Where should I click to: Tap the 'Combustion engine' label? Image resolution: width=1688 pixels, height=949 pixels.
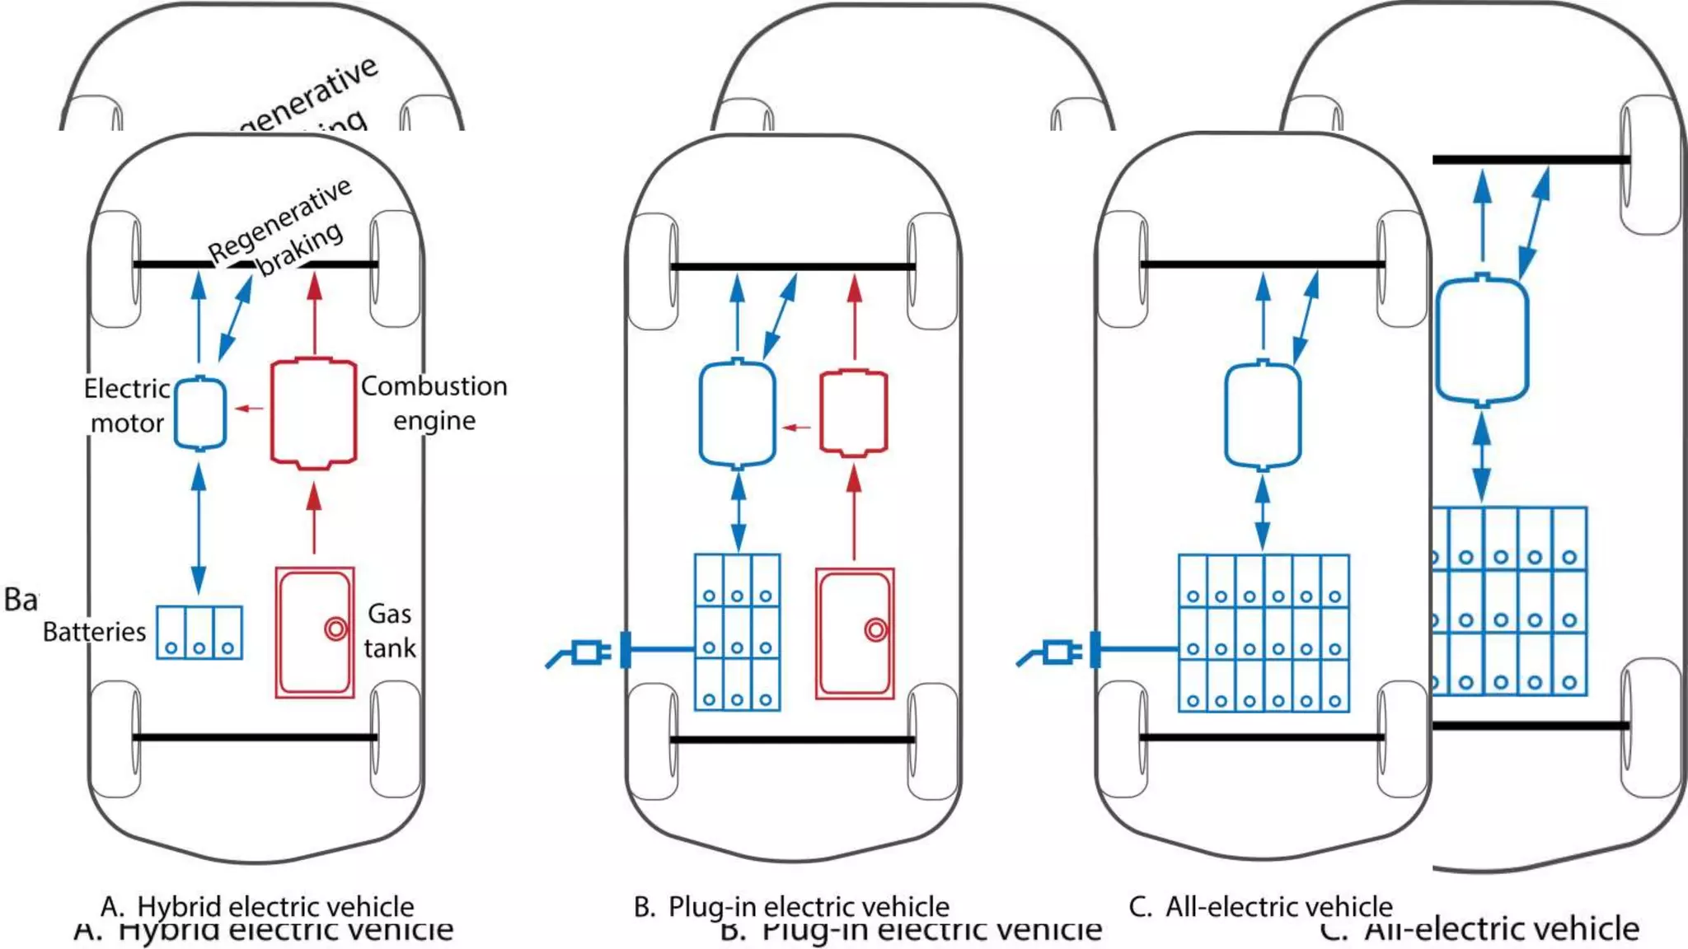coord(434,403)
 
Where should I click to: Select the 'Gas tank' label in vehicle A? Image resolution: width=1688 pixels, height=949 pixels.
coord(389,630)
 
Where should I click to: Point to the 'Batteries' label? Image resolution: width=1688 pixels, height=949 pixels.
coord(94,632)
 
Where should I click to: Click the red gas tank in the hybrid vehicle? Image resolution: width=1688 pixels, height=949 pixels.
coord(314,633)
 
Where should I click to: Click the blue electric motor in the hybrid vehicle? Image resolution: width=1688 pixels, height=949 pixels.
coord(199,414)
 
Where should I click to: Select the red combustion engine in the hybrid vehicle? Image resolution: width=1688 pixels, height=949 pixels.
coord(313,414)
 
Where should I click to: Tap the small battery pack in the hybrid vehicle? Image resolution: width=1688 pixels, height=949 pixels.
coord(199,633)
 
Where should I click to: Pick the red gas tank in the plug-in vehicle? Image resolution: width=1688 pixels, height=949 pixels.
coord(855,633)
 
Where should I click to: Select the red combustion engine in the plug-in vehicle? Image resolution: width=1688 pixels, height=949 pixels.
coord(854,414)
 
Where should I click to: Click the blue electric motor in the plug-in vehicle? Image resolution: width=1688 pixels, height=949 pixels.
coord(737,414)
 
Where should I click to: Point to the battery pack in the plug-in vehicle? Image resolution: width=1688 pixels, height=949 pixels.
coord(737,632)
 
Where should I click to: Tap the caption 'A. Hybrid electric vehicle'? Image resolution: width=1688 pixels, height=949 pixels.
coord(257,906)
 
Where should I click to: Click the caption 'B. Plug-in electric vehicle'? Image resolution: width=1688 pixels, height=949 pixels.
coord(791,906)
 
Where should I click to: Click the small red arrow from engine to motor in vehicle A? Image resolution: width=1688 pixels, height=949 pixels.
coord(249,408)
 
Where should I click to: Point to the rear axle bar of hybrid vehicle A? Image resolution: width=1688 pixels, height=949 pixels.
coord(256,737)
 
